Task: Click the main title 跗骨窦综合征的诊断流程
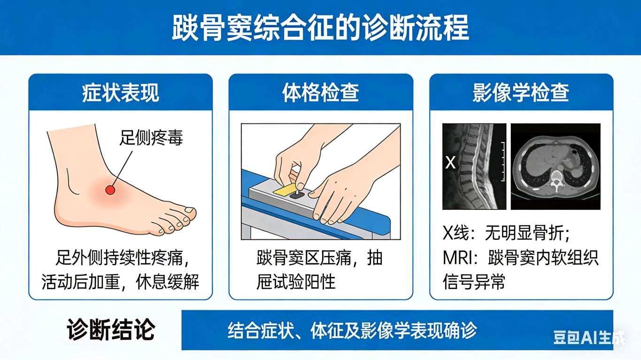320,28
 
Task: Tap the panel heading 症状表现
121,92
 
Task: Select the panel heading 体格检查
320,92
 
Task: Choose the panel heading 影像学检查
521,92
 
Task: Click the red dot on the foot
110,190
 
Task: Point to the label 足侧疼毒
151,138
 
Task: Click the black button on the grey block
297,195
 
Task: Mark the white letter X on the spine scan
450,163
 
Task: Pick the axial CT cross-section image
556,167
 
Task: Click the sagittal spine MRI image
474,167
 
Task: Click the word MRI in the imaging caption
457,258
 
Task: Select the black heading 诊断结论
111,330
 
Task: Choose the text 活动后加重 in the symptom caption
80,282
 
